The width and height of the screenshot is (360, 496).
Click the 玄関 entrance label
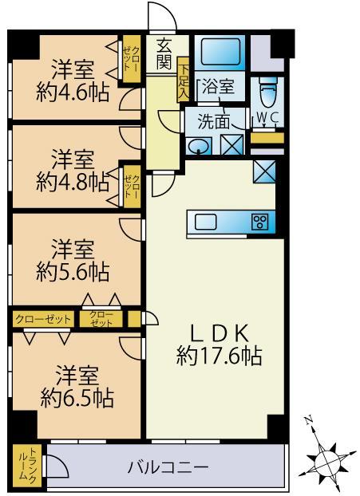click(x=164, y=53)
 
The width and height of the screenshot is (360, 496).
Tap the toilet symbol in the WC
click(x=268, y=92)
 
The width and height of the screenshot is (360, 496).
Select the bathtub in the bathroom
click(x=220, y=52)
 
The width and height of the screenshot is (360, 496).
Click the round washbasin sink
click(x=199, y=147)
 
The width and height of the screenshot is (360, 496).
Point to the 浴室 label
click(x=219, y=86)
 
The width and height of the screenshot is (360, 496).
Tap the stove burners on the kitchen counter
click(x=259, y=222)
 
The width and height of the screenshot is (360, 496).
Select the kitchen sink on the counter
click(x=205, y=222)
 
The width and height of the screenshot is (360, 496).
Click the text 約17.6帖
click(x=219, y=356)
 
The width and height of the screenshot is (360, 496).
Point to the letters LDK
click(x=219, y=333)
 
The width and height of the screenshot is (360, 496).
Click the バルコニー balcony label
click(x=168, y=467)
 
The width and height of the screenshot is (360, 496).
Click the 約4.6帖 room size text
click(x=73, y=92)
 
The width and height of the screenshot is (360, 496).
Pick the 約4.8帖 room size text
click(x=73, y=182)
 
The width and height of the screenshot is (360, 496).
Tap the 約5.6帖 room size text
click(x=73, y=272)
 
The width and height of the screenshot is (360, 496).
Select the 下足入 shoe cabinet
click(x=183, y=81)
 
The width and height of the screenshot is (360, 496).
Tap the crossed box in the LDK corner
click(x=264, y=171)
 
